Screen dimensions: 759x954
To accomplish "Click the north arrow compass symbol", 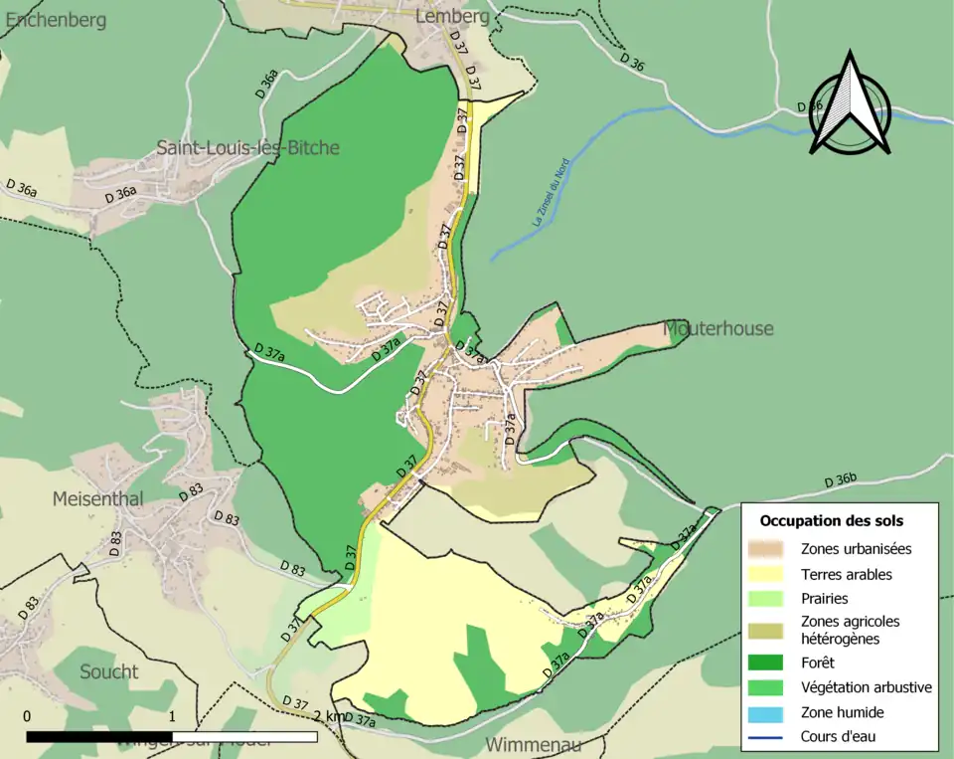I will coord(850,104).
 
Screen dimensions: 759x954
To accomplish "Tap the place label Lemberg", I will coord(452,16).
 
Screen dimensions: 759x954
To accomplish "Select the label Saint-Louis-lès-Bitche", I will coord(247,148).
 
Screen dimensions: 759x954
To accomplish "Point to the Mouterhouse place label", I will coord(717,328).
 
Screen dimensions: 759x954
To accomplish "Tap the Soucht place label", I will coord(109,671).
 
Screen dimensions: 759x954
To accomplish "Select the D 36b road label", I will coord(840,481).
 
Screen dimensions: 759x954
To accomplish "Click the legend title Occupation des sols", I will coord(831,520).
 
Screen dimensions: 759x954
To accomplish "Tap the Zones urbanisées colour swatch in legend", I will coord(767,548).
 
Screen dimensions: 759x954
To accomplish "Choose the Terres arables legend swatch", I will coord(767,574).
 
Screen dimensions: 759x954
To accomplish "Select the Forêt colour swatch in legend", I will coord(767,662).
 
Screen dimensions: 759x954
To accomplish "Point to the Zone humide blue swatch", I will coord(767,712).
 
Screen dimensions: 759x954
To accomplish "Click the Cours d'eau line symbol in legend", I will coord(767,737).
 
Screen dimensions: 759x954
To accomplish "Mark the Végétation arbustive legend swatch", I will coord(767,686).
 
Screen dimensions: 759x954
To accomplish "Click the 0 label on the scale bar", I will coord(27,716).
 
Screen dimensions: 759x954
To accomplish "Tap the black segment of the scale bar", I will coord(99,737).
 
